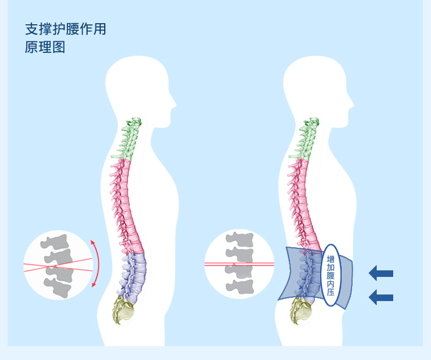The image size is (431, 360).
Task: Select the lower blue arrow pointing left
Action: tap(381, 297)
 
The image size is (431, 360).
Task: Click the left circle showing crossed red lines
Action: tap(57, 265)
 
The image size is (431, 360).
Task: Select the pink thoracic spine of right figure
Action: tap(301, 201)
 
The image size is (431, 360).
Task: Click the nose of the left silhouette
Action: tap(174, 104)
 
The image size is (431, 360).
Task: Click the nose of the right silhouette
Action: tap(351, 104)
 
